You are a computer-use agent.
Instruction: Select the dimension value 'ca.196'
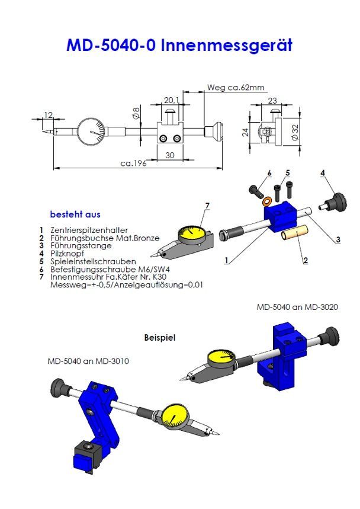coord(133,163)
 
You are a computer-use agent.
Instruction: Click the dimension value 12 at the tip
coord(49,114)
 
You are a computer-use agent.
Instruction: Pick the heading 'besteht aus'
coord(75,214)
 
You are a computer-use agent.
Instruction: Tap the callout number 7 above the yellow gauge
coord(207,205)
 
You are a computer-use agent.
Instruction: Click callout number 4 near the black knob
coord(323,172)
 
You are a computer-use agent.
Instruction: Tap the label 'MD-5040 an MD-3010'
coord(88,360)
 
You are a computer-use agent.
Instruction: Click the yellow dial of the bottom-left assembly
coord(175,415)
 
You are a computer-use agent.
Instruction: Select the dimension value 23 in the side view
coord(272,100)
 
